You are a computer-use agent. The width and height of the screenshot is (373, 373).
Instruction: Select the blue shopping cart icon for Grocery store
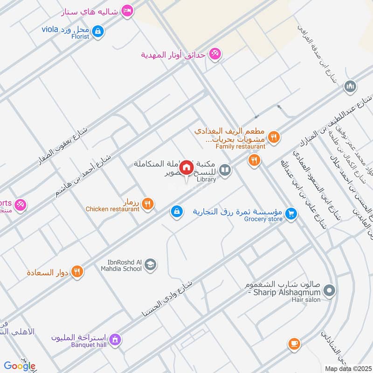pos(291,214)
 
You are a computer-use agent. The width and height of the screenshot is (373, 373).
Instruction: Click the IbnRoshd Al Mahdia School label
pos(121,265)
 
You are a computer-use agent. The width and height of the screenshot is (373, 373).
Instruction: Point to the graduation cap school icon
pos(150,265)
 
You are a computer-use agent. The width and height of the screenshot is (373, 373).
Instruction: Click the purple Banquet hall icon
pos(115,339)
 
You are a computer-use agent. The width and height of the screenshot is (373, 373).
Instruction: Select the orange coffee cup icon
pos(293,344)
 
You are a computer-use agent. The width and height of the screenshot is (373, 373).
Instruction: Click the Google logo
pos(20,366)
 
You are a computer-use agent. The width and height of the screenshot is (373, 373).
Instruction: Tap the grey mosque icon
pos(350,86)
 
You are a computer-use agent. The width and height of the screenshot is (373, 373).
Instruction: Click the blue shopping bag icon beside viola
pos(97,32)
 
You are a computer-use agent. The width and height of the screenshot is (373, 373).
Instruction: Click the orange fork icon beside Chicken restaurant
pos(147,204)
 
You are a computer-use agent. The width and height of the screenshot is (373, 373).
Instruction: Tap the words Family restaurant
pos(240,146)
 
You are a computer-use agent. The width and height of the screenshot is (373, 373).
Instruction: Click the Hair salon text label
pos(306,300)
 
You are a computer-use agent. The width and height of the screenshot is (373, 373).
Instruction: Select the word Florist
pos(80,36)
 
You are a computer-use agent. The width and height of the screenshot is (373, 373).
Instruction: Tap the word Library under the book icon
pos(207,179)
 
